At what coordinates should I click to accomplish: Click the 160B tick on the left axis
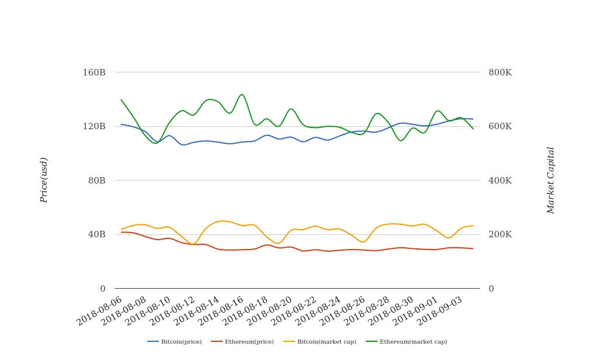click(x=94, y=72)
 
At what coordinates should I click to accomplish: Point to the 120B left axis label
click(x=94, y=126)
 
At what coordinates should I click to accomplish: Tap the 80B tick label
click(x=96, y=181)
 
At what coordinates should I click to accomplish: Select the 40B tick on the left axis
click(x=96, y=234)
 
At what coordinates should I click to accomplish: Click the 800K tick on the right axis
click(x=500, y=72)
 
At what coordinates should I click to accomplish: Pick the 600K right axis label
click(x=500, y=126)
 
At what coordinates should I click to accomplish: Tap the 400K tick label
click(x=500, y=181)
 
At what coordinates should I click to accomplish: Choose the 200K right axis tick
click(x=500, y=234)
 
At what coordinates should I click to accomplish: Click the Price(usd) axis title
click(x=44, y=180)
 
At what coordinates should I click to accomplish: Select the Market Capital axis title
click(x=550, y=180)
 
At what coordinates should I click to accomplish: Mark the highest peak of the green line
click(x=242, y=94)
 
